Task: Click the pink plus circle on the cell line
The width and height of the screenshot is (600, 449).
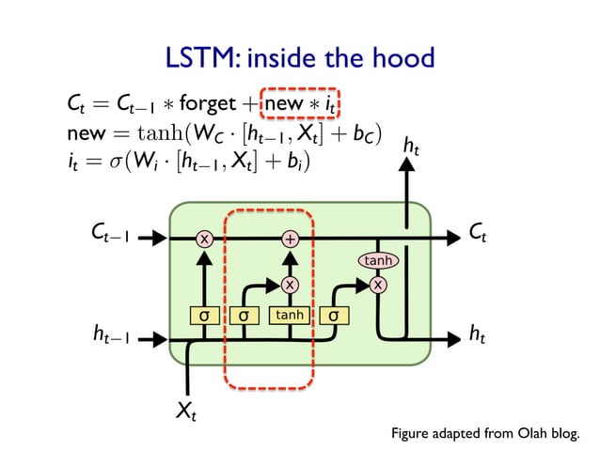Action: tap(290, 239)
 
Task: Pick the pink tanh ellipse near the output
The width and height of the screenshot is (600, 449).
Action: tap(378, 259)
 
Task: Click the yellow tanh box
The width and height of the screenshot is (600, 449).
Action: tap(289, 315)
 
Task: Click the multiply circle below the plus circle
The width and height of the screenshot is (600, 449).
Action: tap(290, 283)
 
